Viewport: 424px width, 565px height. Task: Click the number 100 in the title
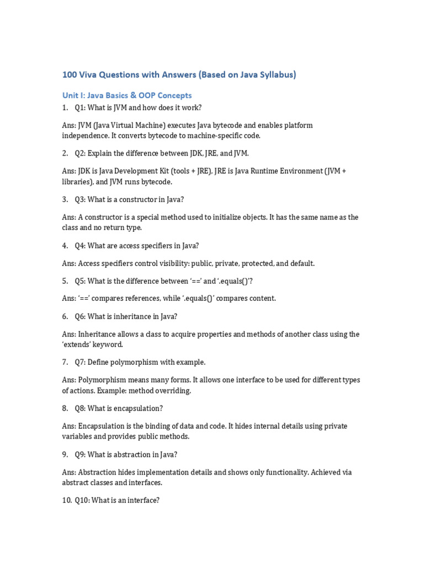70,74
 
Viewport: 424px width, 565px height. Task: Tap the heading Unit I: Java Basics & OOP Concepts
127,95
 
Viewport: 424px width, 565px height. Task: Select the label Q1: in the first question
80,107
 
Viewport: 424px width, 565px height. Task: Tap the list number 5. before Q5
65,281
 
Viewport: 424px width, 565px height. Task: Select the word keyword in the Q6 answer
109,344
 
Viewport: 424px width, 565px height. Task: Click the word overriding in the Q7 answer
173,391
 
